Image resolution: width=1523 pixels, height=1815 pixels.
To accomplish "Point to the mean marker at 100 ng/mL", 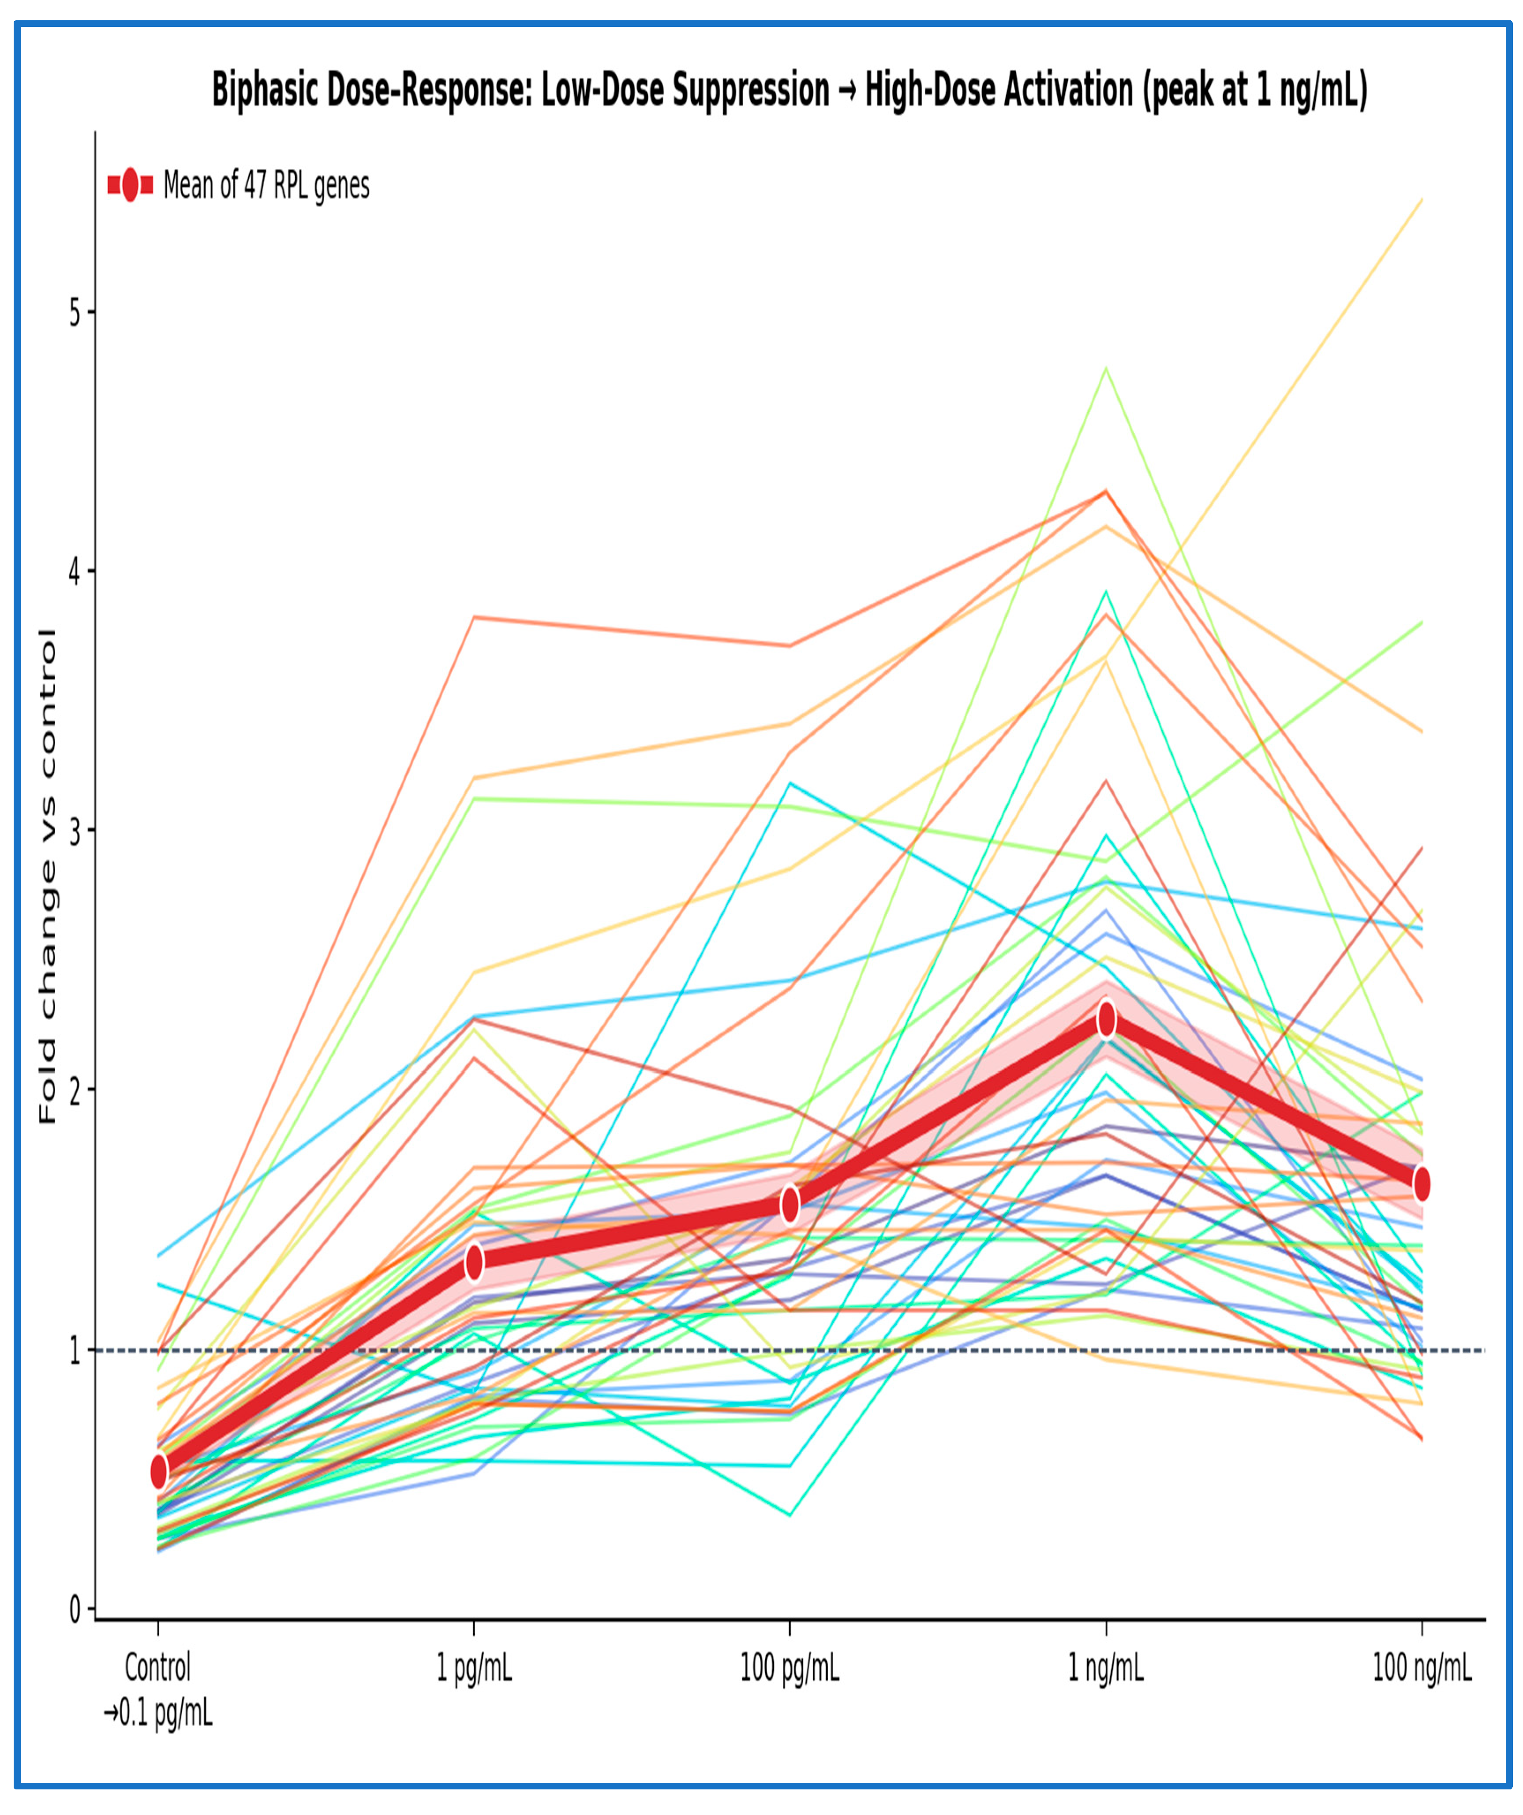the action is (1422, 1184).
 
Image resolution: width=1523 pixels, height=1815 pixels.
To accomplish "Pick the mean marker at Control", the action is (159, 1471).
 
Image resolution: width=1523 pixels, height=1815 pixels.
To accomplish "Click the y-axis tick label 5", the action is (75, 313).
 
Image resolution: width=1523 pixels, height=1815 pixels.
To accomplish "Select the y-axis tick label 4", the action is (75, 571).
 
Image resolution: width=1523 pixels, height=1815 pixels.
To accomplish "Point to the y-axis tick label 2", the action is (75, 1091).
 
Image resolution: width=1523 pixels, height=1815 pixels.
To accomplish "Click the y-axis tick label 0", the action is (75, 1609).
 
